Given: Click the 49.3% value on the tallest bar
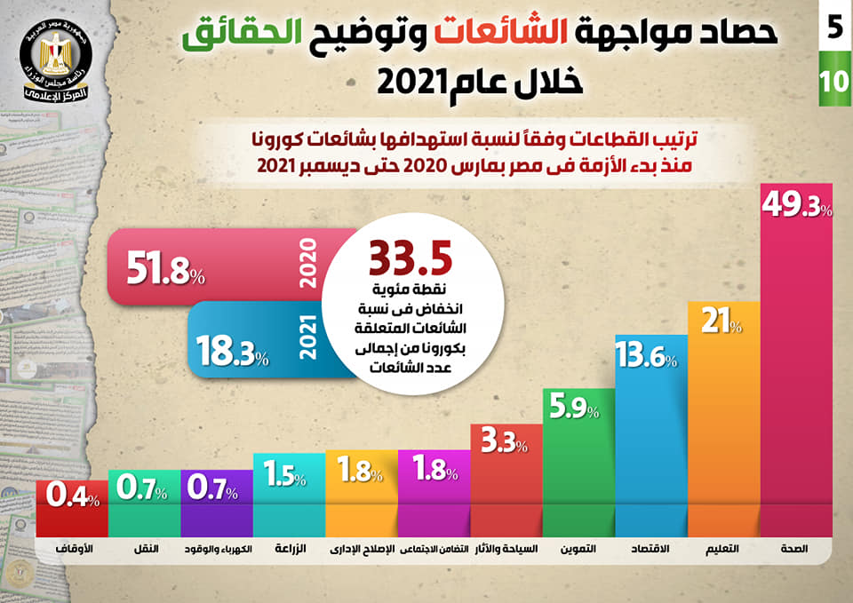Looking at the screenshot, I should pyautogui.click(x=796, y=209).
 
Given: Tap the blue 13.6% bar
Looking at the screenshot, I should pyautogui.click(x=651, y=435).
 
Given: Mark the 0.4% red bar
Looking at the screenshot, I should pyautogui.click(x=72, y=506).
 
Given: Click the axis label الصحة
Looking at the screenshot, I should pyautogui.click(x=794, y=550).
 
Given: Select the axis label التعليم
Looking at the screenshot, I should pyautogui.click(x=724, y=550).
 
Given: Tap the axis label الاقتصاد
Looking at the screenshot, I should pyautogui.click(x=651, y=550).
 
